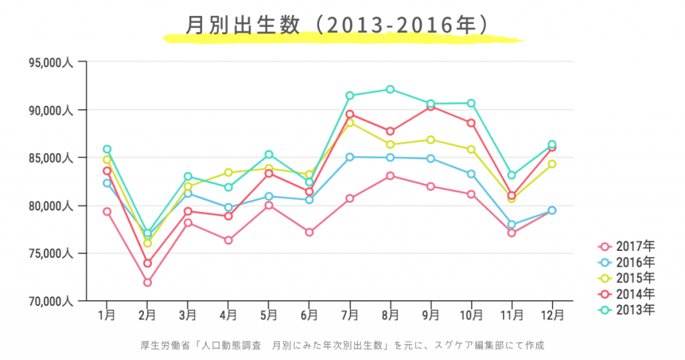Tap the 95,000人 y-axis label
click(x=51, y=62)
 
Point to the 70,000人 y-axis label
click(x=51, y=301)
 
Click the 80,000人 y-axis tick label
click(x=51, y=206)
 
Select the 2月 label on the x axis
click(x=147, y=313)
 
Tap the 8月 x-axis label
click(x=390, y=313)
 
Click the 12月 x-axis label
click(x=552, y=313)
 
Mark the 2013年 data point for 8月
click(x=390, y=89)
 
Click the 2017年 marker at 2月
click(x=147, y=282)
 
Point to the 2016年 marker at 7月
click(x=350, y=157)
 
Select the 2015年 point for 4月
click(x=228, y=173)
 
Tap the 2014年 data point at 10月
click(x=471, y=123)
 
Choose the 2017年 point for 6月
click(x=309, y=232)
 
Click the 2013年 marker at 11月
click(x=512, y=175)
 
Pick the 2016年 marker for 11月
click(x=512, y=225)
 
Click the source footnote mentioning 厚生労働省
click(x=342, y=345)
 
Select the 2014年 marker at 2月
click(x=147, y=263)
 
